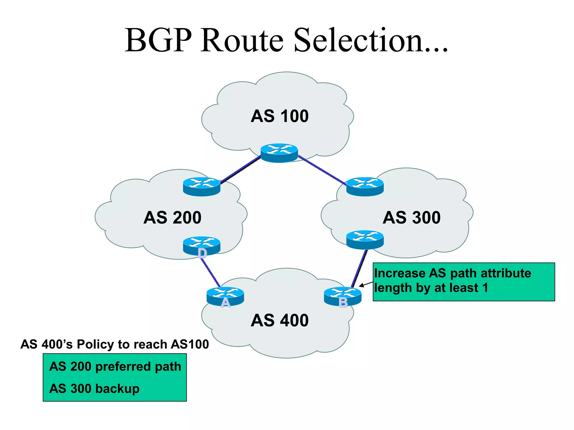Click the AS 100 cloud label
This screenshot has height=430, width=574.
[279, 116]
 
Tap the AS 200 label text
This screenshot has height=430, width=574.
[172, 218]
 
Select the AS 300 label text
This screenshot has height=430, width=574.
[411, 218]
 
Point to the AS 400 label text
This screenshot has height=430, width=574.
[279, 320]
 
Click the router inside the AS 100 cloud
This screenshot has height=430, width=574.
[279, 153]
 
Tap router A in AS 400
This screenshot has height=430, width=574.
[225, 296]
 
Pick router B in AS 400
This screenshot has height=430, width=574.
[342, 296]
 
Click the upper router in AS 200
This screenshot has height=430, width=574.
[202, 186]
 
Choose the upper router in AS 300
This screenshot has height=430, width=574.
[365, 186]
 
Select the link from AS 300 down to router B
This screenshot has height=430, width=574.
[359, 268]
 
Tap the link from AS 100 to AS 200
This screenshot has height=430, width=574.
[240, 170]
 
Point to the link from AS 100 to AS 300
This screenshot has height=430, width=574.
[322, 170]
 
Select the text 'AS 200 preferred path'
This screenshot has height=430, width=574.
[115, 366]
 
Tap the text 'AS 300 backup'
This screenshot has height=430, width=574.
[94, 389]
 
